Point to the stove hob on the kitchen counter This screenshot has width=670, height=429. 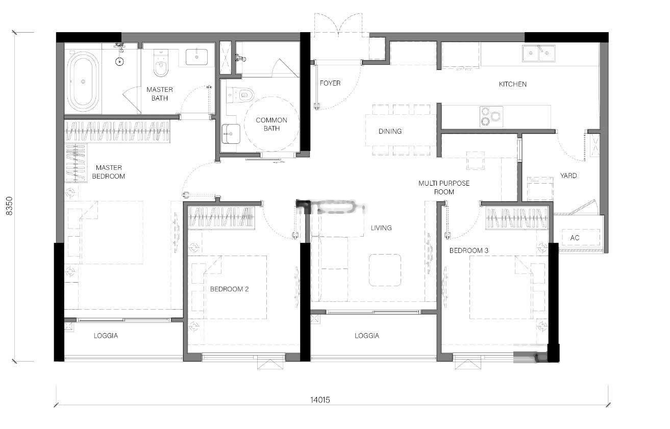tap(491, 117)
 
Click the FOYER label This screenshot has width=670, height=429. tap(330, 83)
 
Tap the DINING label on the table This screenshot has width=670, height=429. tap(390, 131)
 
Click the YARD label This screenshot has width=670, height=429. tap(568, 175)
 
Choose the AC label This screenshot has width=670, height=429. tap(575, 238)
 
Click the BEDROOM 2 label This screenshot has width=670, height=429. tap(229, 289)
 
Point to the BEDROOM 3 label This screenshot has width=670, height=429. tap(469, 250)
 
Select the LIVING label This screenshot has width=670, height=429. tap(381, 228)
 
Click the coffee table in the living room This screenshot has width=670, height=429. tap(385, 270)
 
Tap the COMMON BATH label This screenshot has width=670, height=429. tap(271, 124)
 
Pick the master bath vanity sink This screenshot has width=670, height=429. tap(196, 57)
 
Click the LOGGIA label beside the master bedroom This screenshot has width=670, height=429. tap(106, 336)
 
